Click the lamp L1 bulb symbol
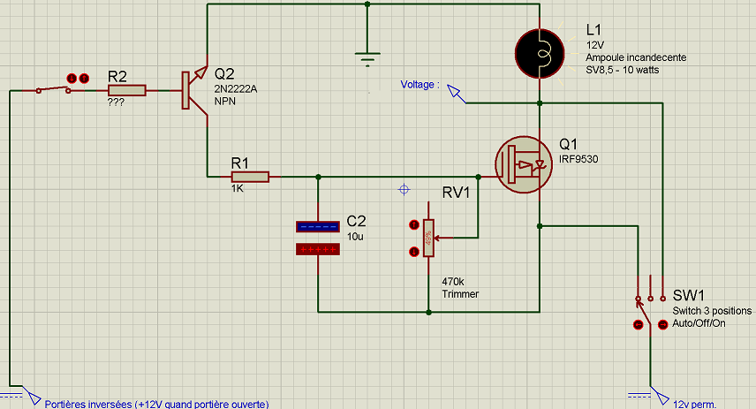coord(539,51)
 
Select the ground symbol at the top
coord(367,58)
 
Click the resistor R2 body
coord(126,90)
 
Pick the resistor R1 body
coord(249,176)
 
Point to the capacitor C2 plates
coord(317,239)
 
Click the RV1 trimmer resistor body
coord(429,239)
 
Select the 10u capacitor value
coord(355,237)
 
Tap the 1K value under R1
coord(238,189)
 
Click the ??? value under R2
coord(116,102)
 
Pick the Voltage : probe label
coord(420,85)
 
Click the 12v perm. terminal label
coord(694,404)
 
